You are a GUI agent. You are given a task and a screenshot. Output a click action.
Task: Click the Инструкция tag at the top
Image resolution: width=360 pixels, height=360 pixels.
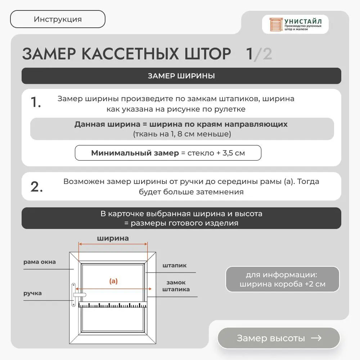(x=58, y=19)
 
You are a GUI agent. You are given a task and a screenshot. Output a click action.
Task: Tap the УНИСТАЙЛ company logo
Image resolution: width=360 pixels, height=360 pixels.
(x=295, y=24)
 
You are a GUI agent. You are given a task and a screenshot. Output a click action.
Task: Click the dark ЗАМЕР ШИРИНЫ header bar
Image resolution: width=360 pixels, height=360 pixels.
(x=181, y=76)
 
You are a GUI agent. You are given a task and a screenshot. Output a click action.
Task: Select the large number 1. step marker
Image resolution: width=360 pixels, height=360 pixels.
(x=35, y=103)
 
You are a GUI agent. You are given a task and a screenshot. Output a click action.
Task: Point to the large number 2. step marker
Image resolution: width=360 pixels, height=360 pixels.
(x=37, y=187)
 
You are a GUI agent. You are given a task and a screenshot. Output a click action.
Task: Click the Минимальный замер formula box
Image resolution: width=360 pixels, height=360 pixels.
(x=168, y=153)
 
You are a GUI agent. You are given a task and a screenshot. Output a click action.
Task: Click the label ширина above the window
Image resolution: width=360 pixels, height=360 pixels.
(x=113, y=238)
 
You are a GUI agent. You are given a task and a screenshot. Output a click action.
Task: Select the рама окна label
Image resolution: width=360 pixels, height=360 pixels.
(x=40, y=262)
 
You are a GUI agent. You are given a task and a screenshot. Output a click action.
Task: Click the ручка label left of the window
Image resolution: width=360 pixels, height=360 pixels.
(x=32, y=293)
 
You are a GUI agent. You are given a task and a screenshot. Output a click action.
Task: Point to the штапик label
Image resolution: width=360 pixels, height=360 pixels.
(x=175, y=266)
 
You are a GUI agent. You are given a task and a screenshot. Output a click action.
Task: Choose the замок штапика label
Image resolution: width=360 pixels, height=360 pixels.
(x=176, y=286)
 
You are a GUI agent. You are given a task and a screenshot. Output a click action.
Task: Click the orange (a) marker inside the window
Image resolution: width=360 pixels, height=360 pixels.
(x=113, y=281)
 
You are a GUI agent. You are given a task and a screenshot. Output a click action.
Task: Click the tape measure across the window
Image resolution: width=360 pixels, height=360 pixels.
(x=113, y=305)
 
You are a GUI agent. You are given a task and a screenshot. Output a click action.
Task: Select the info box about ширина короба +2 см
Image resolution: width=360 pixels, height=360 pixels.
(x=283, y=279)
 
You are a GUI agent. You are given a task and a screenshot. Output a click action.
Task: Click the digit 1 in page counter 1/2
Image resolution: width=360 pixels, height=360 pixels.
(x=249, y=54)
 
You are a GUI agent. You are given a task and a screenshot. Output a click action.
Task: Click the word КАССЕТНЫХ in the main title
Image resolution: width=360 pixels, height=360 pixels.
(x=131, y=54)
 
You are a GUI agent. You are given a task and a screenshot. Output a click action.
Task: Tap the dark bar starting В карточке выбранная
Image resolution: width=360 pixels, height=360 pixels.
(x=181, y=218)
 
